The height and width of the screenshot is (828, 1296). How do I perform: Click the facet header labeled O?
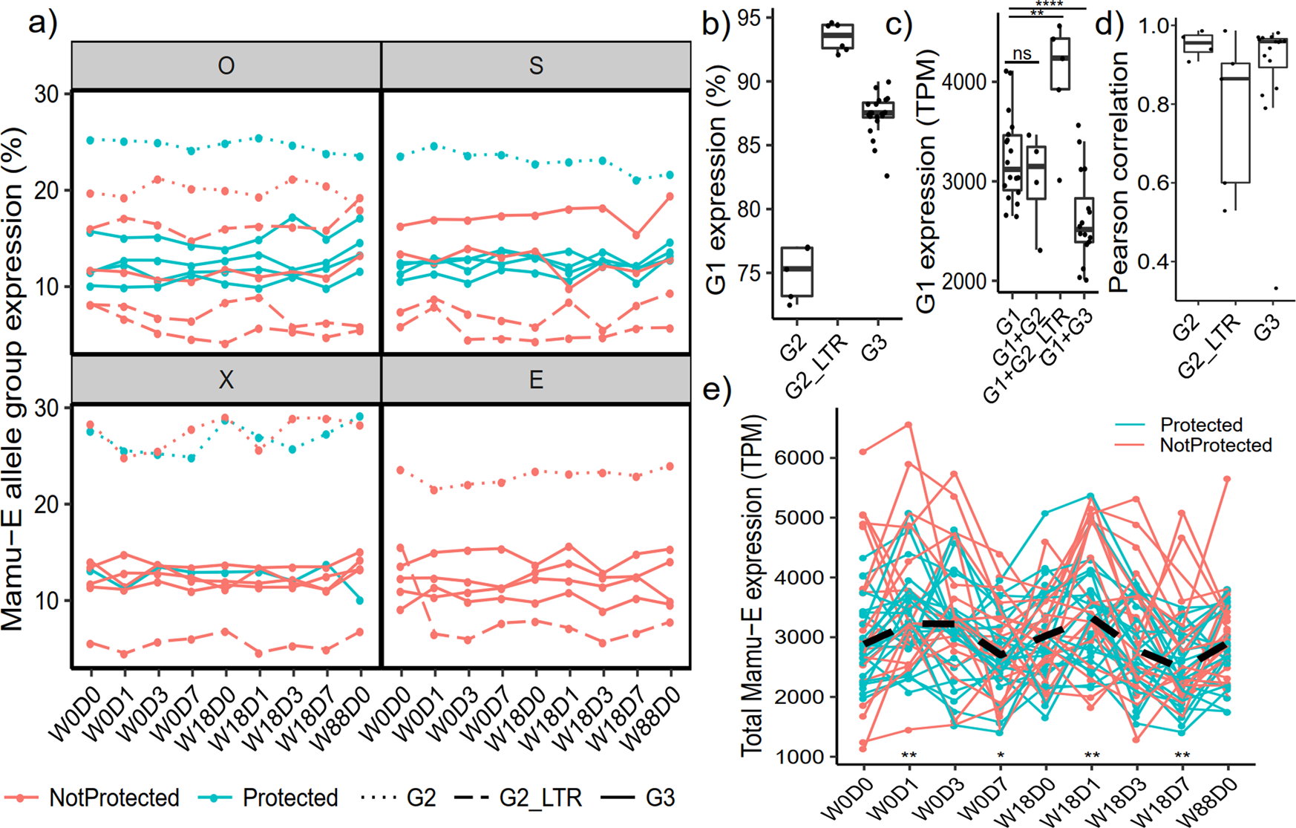pos(226,65)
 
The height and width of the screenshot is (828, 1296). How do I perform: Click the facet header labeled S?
pos(536,65)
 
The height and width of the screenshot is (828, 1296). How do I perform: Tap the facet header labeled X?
pos(226,380)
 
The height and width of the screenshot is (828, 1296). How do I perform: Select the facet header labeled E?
pos(536,380)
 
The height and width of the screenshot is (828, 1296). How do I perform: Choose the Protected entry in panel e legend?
pos(1200,425)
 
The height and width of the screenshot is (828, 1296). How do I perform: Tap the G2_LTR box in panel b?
pos(837,36)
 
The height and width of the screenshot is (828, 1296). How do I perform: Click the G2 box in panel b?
pos(797,271)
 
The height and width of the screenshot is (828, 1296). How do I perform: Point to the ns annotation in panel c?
pos(1022,53)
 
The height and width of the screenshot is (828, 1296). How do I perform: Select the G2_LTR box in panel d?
pos(1235,123)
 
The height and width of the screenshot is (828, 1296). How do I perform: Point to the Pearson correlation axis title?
pos(1118,171)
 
